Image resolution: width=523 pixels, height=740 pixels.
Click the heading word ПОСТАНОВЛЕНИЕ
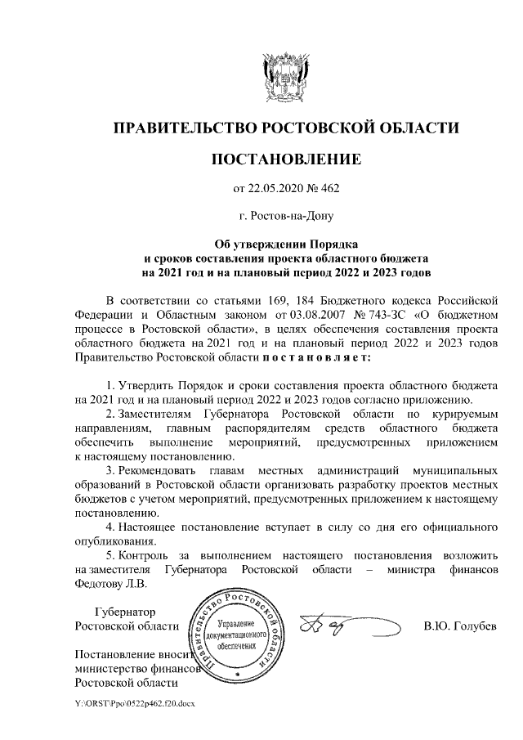click(x=285, y=159)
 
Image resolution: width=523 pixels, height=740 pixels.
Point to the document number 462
click(x=329, y=190)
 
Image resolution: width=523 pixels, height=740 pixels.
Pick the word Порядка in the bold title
click(x=337, y=244)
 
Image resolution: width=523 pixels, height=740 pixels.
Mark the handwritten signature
click(x=335, y=625)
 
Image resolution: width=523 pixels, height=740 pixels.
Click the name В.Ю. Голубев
click(x=457, y=627)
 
